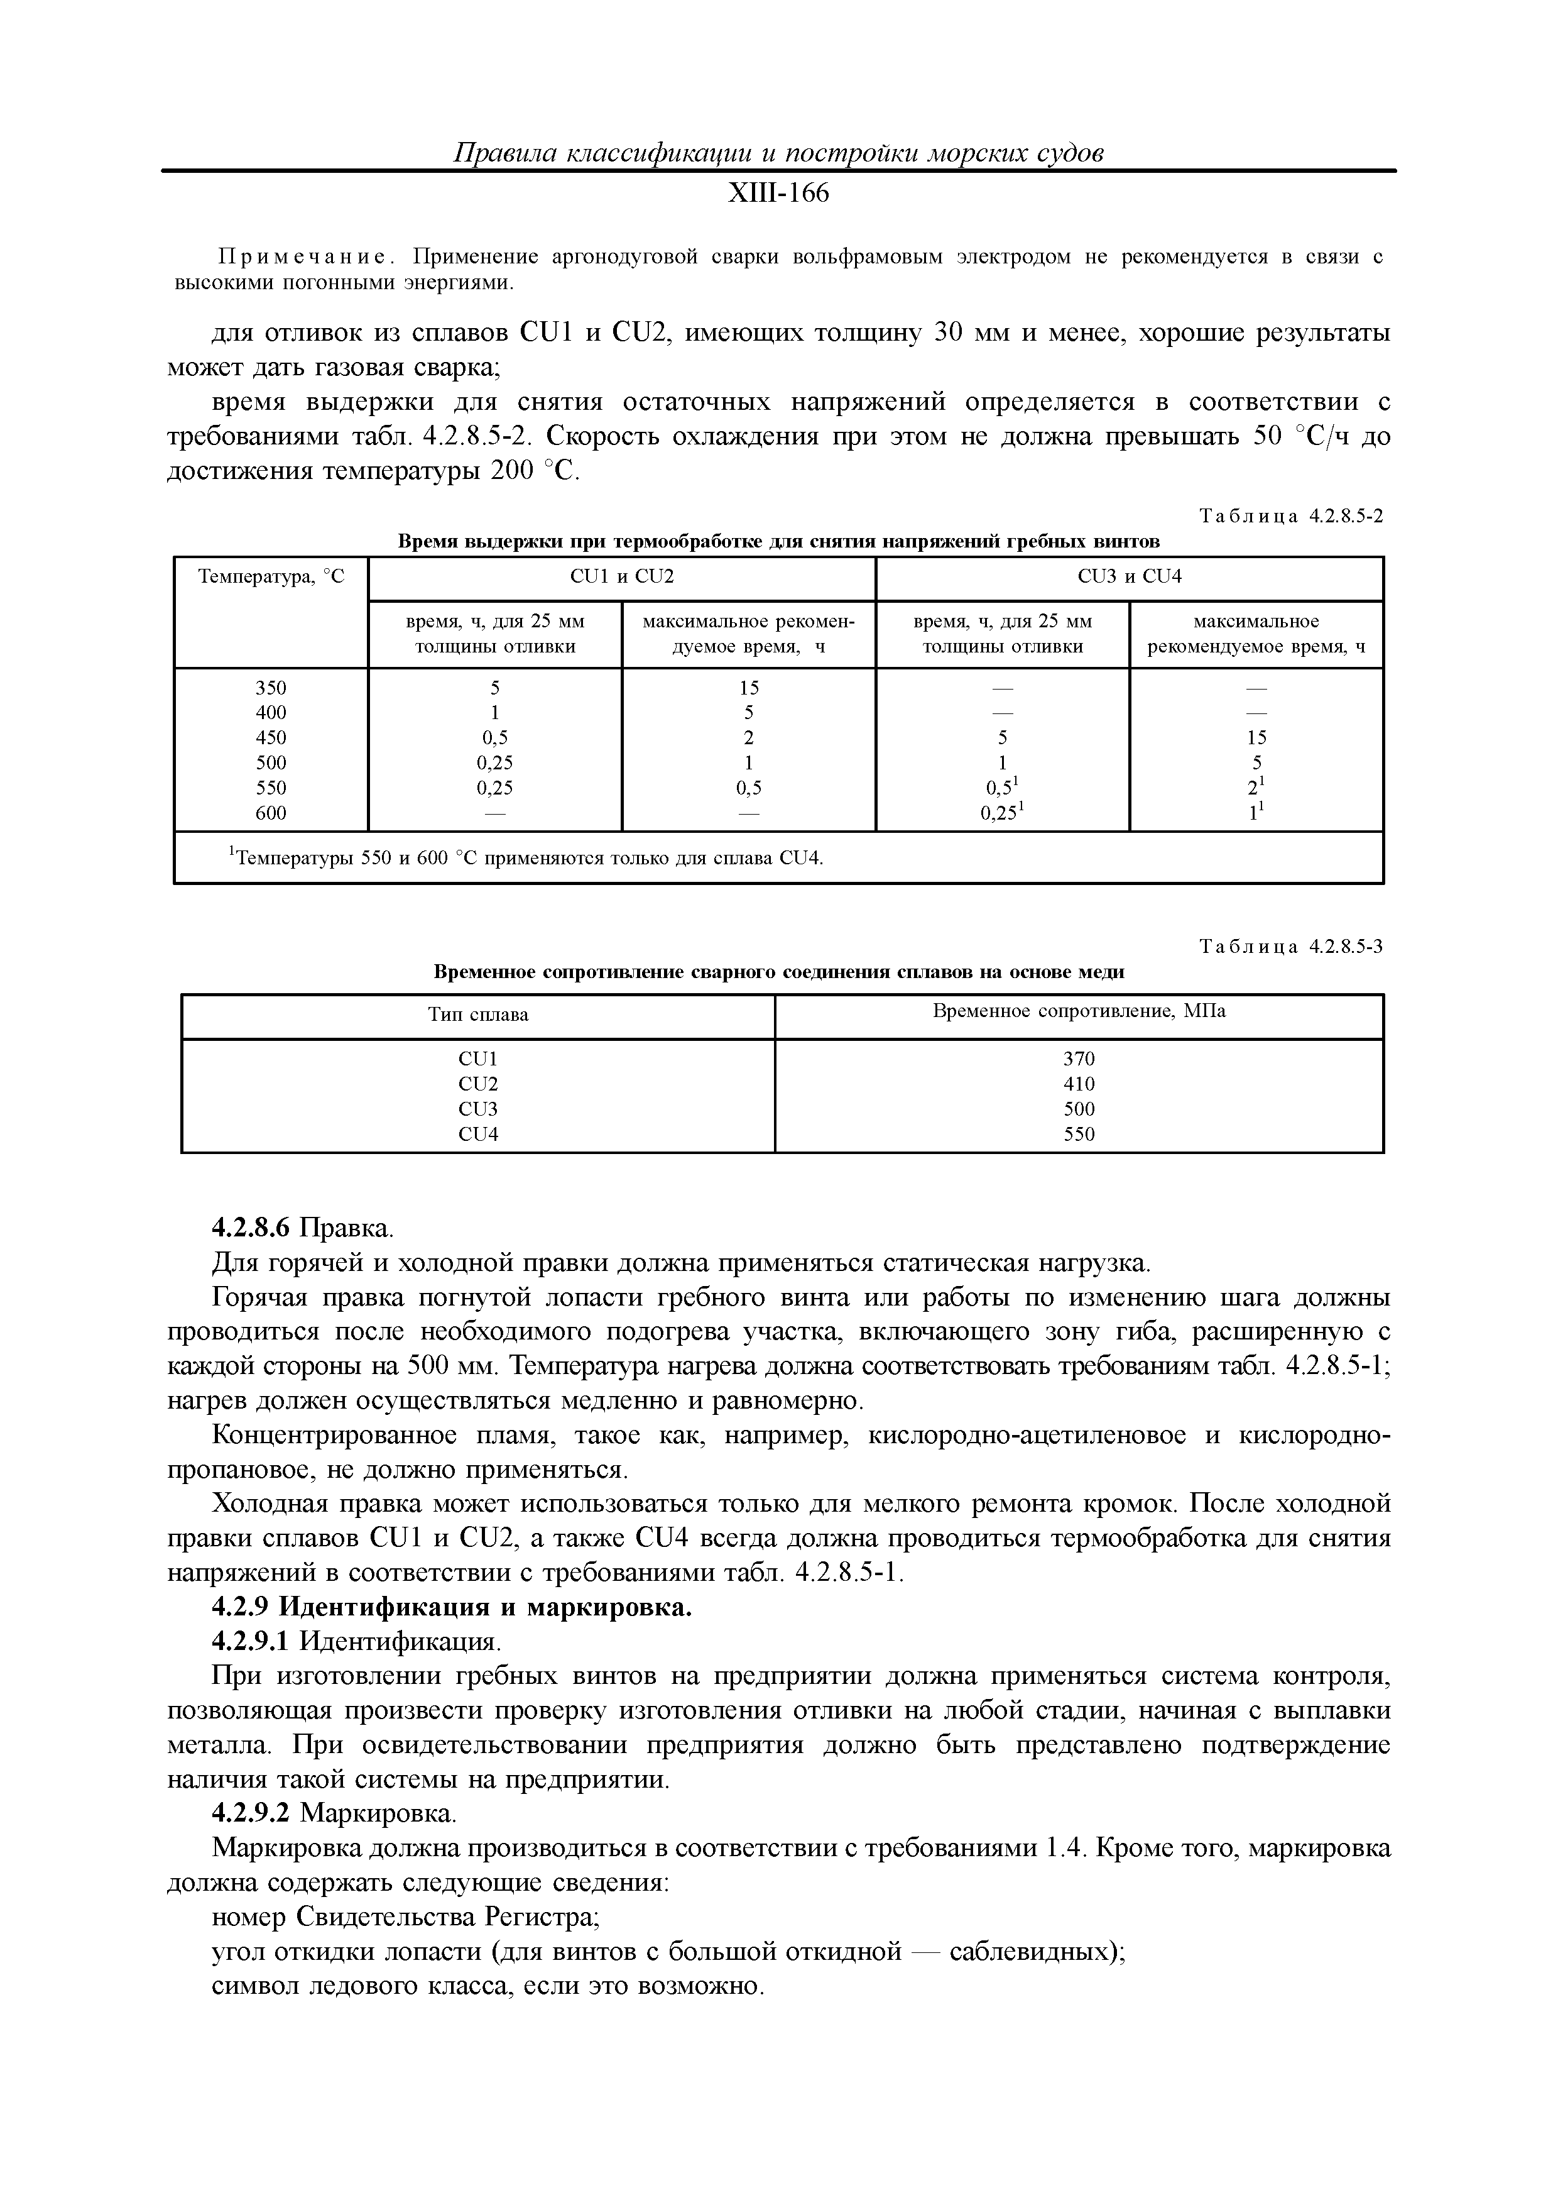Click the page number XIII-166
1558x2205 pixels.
point(778,194)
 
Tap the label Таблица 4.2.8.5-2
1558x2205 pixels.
point(1291,515)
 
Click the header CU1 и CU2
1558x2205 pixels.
point(621,576)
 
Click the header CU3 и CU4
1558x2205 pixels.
point(1129,576)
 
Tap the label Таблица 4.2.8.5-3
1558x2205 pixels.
point(1291,946)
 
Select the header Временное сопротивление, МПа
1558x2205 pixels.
point(1079,1011)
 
